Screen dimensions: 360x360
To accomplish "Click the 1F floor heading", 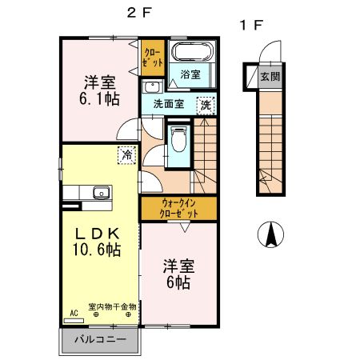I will point(250,25).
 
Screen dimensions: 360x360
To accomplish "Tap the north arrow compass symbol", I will point(271,234).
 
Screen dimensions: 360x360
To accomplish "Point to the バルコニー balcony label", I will point(100,339).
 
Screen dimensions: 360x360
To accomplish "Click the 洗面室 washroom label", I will point(169,103).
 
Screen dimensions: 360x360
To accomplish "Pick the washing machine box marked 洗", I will point(206,103).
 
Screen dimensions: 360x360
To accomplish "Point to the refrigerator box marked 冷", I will point(126,155).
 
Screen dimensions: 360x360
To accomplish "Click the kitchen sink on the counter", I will point(100,192).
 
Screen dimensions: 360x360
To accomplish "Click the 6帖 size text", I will point(178,282).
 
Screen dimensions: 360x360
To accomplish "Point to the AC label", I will point(73,314).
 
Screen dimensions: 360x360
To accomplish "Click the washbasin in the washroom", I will point(153,87).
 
